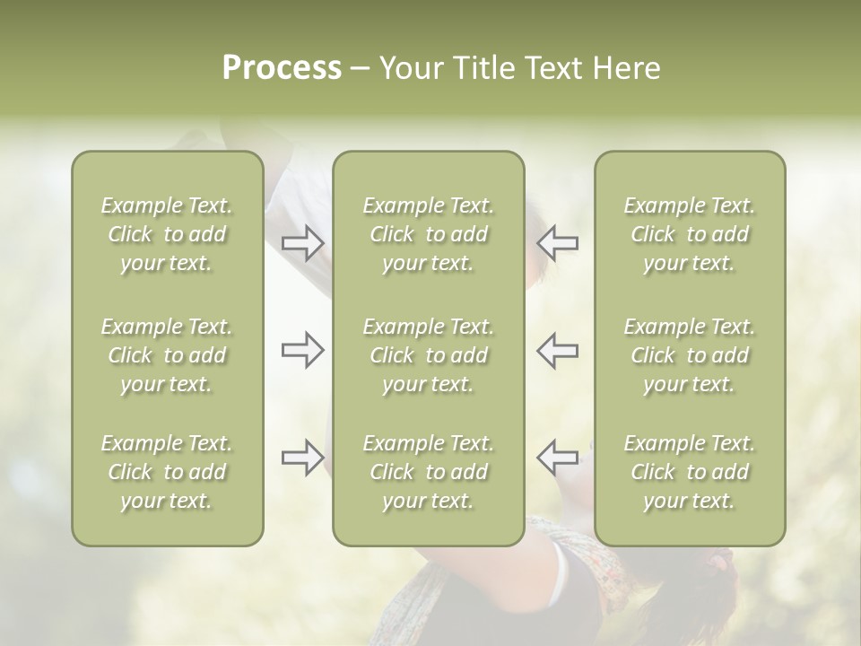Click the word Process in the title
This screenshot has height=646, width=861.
tap(282, 68)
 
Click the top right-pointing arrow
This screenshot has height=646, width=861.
tap(303, 243)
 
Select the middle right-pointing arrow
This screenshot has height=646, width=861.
tap(303, 350)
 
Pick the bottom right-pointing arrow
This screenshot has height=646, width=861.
tap(303, 458)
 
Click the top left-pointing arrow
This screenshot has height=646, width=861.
tap(558, 243)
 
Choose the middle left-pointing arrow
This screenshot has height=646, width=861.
tap(558, 350)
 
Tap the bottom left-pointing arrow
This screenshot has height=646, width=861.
tap(558, 458)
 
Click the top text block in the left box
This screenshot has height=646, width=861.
tap(167, 234)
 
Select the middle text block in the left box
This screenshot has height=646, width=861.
tap(167, 355)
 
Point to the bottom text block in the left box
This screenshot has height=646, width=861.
tap(167, 472)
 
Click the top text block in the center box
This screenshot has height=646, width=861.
tap(429, 234)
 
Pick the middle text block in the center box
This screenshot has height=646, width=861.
tap(429, 355)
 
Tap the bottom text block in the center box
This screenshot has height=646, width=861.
tap(429, 472)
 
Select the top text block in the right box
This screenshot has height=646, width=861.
tap(690, 234)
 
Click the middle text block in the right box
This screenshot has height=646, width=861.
tap(690, 355)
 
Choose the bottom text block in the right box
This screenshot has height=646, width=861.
tap(690, 472)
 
